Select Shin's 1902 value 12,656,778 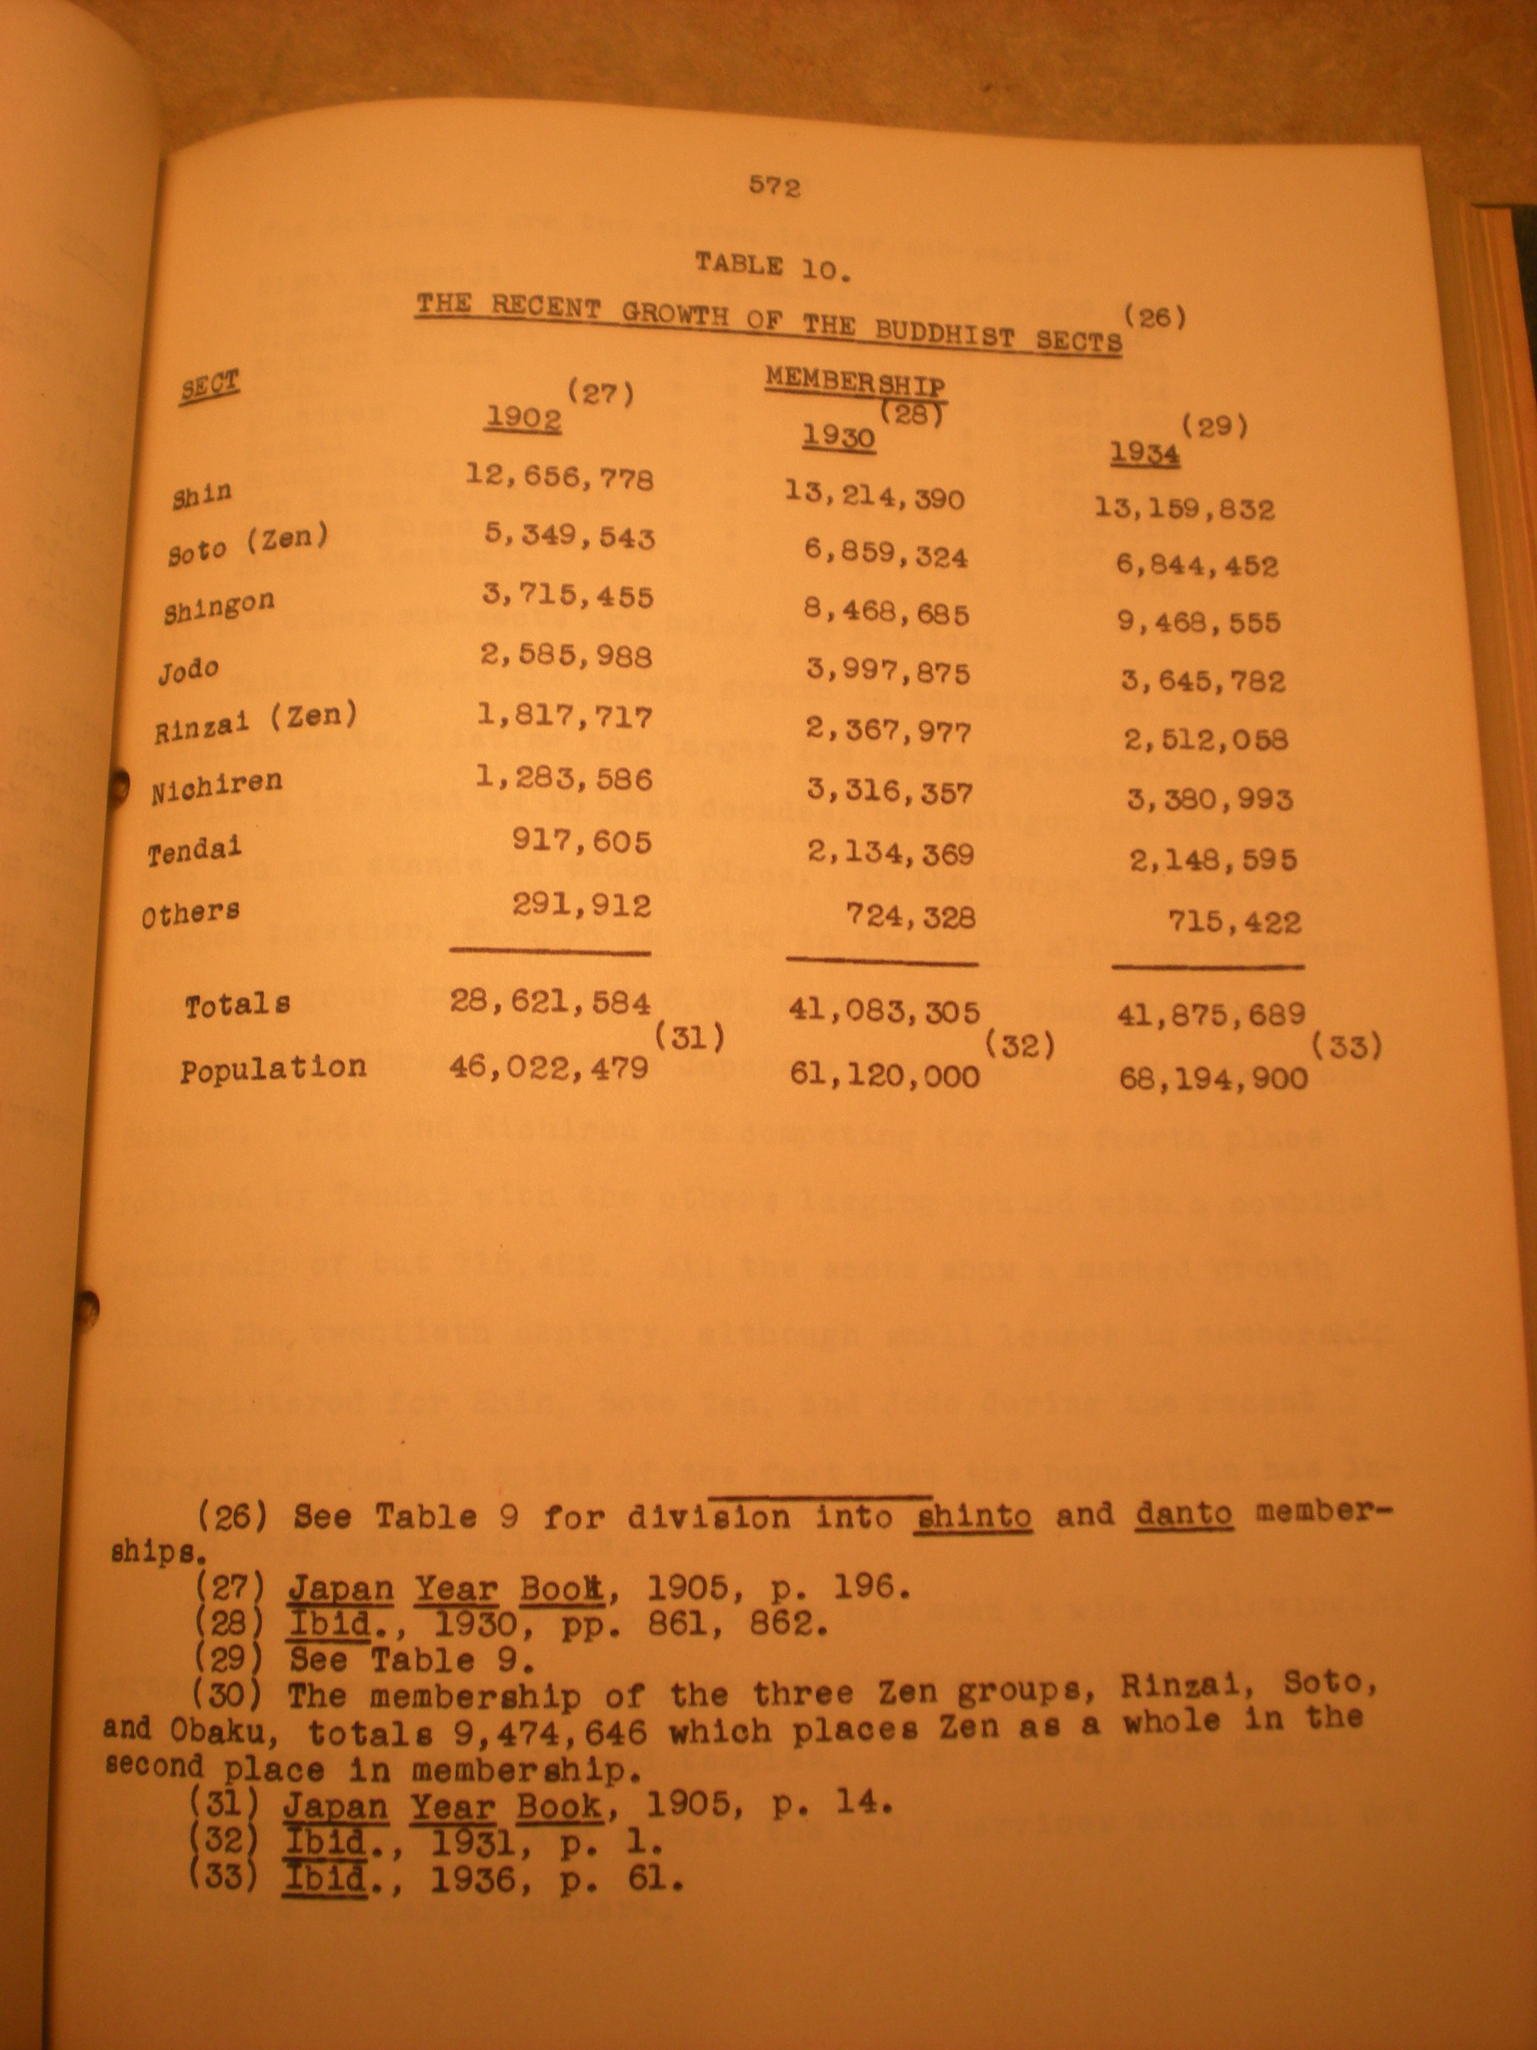click(x=559, y=477)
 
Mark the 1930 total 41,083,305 click(x=884, y=1012)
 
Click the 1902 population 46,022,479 click(x=549, y=1068)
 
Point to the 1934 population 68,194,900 click(x=1213, y=1079)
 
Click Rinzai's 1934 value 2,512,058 click(x=1205, y=740)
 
